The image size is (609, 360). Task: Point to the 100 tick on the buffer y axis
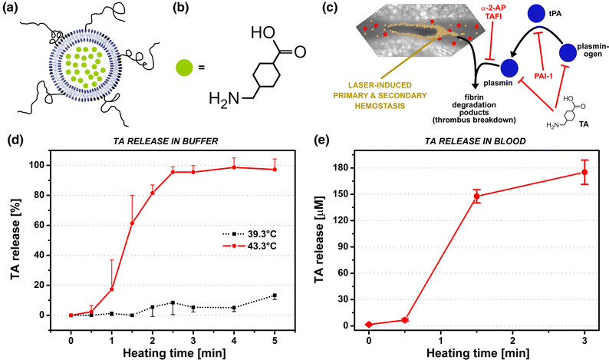pos(47,165)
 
